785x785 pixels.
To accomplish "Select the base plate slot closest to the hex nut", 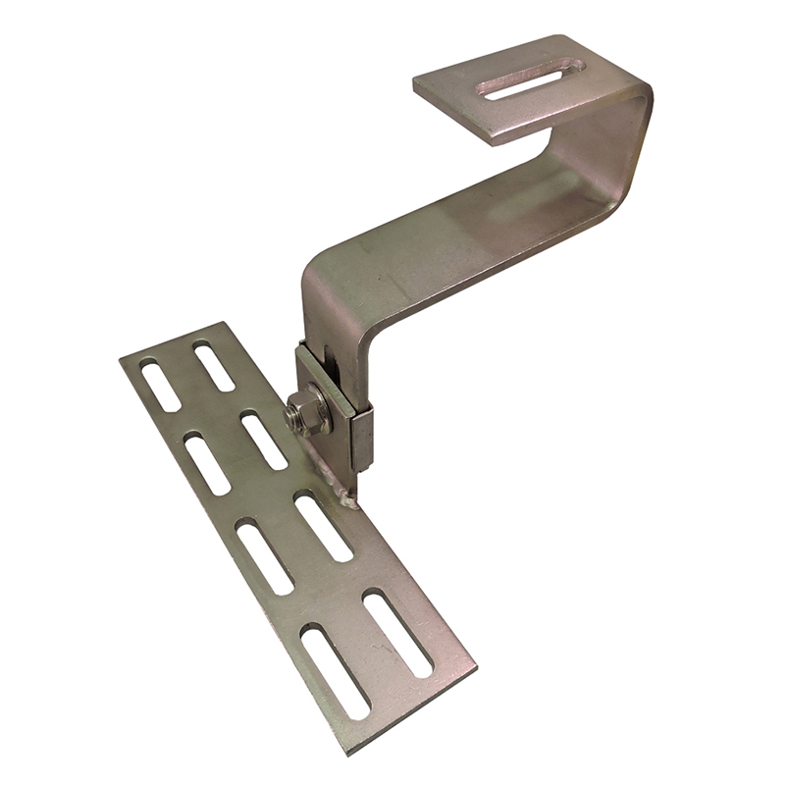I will pos(264,441).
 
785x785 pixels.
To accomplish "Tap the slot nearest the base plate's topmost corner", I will pos(213,366).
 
